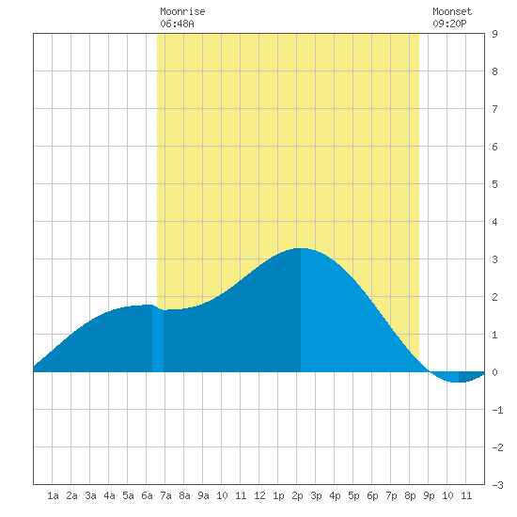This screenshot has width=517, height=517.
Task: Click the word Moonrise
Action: [182, 11]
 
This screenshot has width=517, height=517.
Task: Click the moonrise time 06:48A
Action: [177, 23]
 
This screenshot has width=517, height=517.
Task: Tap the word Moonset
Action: [452, 11]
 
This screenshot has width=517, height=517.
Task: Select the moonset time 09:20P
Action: [449, 23]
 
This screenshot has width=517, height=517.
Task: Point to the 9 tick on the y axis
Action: [494, 34]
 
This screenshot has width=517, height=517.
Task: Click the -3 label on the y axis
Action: [497, 485]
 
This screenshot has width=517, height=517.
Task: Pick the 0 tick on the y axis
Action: [494, 372]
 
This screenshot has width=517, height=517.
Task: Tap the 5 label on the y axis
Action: [494, 184]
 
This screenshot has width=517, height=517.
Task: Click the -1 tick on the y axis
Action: [497, 410]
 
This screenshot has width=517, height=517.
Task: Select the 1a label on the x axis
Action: [53, 495]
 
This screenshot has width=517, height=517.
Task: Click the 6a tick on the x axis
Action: [147, 495]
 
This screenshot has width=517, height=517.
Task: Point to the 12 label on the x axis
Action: [259, 495]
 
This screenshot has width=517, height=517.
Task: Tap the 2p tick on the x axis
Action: [297, 495]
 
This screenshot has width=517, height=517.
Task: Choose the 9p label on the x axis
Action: [429, 495]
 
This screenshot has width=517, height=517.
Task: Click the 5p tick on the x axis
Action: [353, 495]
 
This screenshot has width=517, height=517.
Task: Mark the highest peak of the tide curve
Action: [301, 248]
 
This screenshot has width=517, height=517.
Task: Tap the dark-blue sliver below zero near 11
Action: [470, 377]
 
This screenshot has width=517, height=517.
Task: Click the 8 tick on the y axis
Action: [494, 71]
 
